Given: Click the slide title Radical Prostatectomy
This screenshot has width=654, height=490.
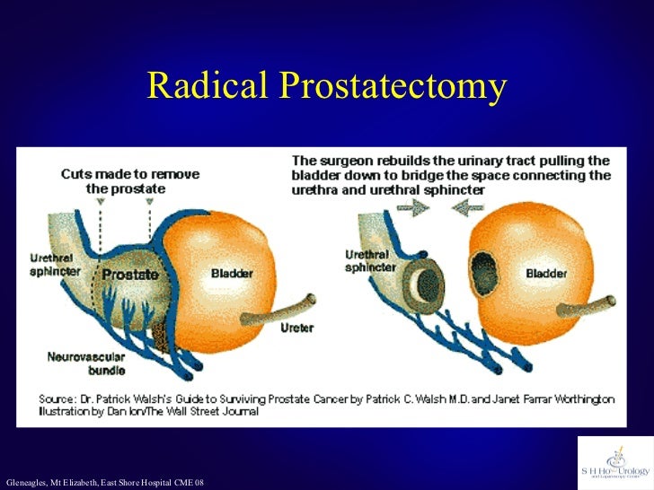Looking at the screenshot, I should [327, 86].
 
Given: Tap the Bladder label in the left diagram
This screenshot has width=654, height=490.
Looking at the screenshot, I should [232, 273].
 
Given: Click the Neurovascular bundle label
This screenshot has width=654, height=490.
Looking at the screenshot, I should [86, 363].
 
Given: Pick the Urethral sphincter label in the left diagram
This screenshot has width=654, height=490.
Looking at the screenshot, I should [50, 265].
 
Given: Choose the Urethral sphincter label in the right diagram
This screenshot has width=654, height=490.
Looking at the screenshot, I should [367, 261].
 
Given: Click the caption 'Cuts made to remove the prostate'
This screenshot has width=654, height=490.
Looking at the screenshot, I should [130, 180].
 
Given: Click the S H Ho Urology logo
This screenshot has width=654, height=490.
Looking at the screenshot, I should [615, 461].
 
